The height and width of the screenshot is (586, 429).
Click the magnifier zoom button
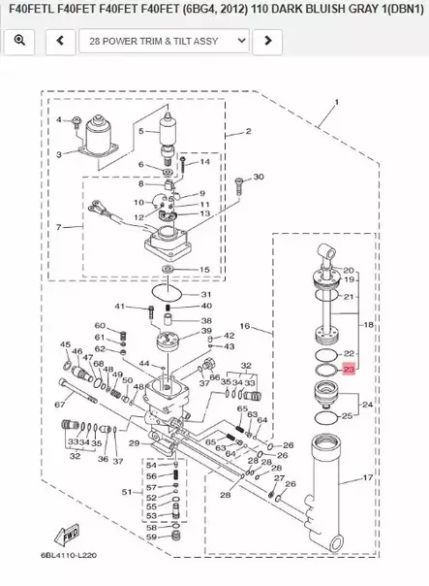click(18, 42)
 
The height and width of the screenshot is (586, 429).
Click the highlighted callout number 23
click(350, 370)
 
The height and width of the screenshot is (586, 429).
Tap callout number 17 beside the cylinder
click(367, 477)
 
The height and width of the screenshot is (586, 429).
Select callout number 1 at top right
click(336, 102)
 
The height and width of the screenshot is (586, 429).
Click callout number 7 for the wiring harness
click(59, 227)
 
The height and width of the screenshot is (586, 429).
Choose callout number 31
click(206, 295)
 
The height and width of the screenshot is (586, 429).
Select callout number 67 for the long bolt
click(60, 404)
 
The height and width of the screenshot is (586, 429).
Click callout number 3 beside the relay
click(59, 153)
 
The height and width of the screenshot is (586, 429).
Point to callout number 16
click(244, 327)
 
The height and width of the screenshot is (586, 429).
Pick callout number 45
click(65, 344)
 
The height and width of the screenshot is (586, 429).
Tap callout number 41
click(120, 308)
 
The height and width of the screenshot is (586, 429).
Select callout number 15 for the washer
click(203, 269)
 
